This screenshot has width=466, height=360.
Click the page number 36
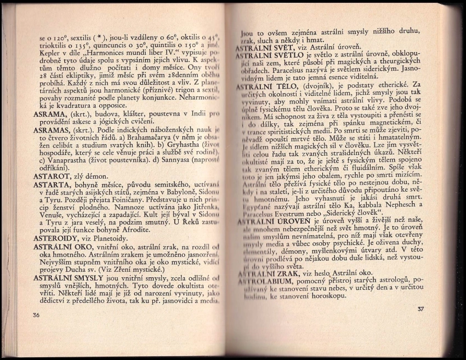pyautogui.click(x=36, y=315)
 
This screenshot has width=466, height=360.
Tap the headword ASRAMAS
pyautogui.click(x=52, y=133)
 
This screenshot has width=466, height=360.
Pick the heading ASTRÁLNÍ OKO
pyautogui.click(x=63, y=248)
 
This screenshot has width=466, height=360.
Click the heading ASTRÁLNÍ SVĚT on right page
pyautogui.click(x=265, y=48)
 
